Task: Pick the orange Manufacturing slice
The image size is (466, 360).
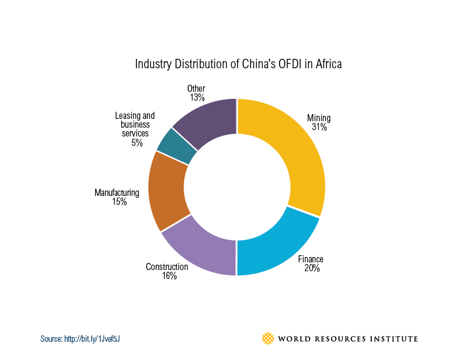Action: (168, 191)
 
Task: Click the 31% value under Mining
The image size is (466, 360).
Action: (319, 126)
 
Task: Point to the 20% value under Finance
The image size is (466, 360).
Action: (312, 268)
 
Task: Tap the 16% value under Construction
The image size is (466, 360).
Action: (169, 276)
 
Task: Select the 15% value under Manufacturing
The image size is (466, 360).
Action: (119, 202)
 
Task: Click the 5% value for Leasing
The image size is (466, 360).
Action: (137, 142)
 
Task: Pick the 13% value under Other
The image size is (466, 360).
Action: (197, 98)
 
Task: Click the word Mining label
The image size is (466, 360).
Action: (319, 118)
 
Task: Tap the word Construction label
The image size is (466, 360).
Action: (167, 267)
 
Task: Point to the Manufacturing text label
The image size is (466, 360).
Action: (116, 192)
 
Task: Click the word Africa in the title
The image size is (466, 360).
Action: (327, 64)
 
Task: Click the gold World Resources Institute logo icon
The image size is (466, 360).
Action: (268, 338)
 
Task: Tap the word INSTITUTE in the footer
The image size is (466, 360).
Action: (394, 339)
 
